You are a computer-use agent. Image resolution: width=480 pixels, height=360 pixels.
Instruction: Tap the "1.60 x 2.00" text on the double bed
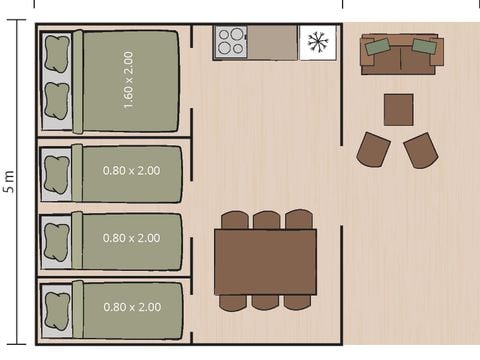coord(128,81)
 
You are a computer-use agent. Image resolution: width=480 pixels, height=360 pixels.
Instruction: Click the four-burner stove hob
coord(231,43)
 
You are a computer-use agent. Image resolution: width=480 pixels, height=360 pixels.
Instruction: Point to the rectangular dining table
coord(265,261)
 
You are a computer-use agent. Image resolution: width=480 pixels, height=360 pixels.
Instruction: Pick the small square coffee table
coord(399,109)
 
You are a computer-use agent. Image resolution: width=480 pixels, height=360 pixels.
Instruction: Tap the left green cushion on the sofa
coord(378,46)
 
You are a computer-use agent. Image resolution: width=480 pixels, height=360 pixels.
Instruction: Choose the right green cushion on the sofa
coord(424,46)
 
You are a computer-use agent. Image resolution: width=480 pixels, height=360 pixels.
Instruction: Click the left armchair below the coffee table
coord(373,150)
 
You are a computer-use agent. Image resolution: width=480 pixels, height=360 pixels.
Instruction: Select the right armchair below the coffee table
coord(420,150)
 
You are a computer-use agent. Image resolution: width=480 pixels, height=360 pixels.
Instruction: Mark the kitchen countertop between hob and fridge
coord(272,43)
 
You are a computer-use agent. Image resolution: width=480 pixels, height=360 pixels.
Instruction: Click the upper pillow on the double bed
coord(57,52)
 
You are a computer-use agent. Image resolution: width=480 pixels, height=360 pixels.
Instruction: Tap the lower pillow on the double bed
coord(57,101)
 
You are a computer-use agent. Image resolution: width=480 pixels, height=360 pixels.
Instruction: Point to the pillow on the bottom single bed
coord(56,309)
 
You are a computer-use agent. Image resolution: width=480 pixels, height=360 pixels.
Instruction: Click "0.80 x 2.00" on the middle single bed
coord(131,238)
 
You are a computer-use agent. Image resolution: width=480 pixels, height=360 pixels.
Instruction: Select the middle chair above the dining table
coord(266,220)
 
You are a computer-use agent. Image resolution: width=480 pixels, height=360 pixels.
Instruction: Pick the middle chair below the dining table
coord(266,302)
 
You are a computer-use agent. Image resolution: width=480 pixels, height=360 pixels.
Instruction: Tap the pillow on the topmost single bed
coord(56,173)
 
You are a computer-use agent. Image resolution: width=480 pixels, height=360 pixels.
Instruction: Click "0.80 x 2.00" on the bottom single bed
coord(131,307)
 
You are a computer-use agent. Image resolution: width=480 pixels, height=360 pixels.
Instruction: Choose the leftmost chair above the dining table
coord(234,220)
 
